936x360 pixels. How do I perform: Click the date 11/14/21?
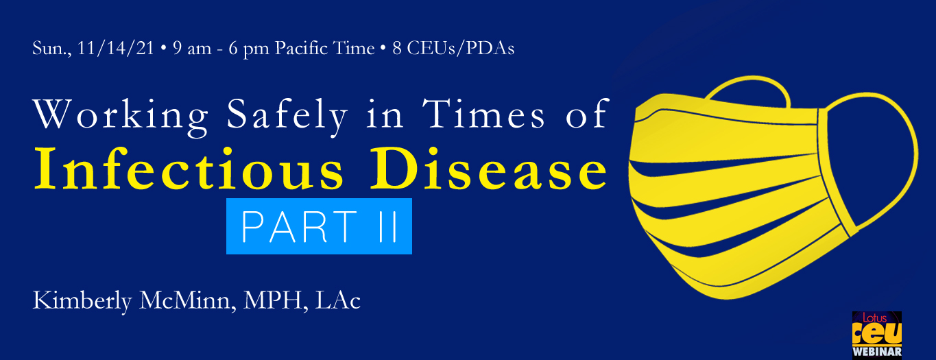(x=116, y=49)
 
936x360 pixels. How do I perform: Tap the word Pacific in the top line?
(x=301, y=48)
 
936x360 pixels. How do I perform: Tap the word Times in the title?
(x=483, y=113)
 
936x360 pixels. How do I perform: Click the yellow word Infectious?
(x=189, y=169)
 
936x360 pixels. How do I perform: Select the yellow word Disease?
(x=488, y=169)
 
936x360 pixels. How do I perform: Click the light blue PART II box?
(x=319, y=226)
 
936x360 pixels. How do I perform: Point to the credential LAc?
(x=337, y=300)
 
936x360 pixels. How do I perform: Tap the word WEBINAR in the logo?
(x=877, y=352)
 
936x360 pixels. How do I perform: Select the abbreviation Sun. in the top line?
(x=52, y=49)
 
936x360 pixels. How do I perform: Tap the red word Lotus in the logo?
(x=874, y=318)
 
